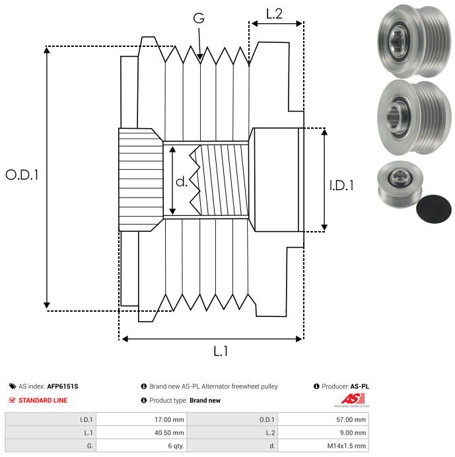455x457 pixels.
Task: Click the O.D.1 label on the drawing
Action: (22, 175)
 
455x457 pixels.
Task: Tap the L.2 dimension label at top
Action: (274, 14)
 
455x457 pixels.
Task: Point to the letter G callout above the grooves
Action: (199, 18)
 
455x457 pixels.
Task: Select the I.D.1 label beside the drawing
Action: (341, 186)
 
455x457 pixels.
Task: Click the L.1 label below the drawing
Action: (221, 351)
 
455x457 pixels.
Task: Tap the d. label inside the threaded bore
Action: (182, 182)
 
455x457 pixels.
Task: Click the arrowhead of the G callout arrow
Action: (200, 57)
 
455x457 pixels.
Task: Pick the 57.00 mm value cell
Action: (351, 420)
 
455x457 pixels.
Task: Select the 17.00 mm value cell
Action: (169, 420)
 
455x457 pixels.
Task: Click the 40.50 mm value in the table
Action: (169, 433)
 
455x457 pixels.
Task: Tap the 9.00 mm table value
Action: (353, 433)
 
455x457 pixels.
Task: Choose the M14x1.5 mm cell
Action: (346, 446)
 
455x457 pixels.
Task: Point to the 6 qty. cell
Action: (176, 446)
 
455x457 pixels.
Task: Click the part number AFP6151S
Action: (63, 386)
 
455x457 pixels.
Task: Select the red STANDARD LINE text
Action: (43, 400)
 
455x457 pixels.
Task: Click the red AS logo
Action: (353, 398)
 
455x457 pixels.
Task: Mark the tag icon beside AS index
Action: (13, 386)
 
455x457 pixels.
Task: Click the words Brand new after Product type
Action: (205, 400)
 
